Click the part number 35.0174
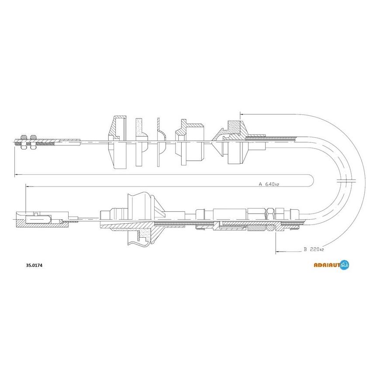(34, 266)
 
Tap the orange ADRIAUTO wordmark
(327, 265)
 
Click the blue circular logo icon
(345, 265)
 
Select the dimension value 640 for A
(270, 184)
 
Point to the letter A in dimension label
(260, 184)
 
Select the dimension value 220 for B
(315, 249)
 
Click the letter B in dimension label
(305, 249)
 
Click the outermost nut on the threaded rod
(24, 142)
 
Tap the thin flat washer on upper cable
(159, 142)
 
